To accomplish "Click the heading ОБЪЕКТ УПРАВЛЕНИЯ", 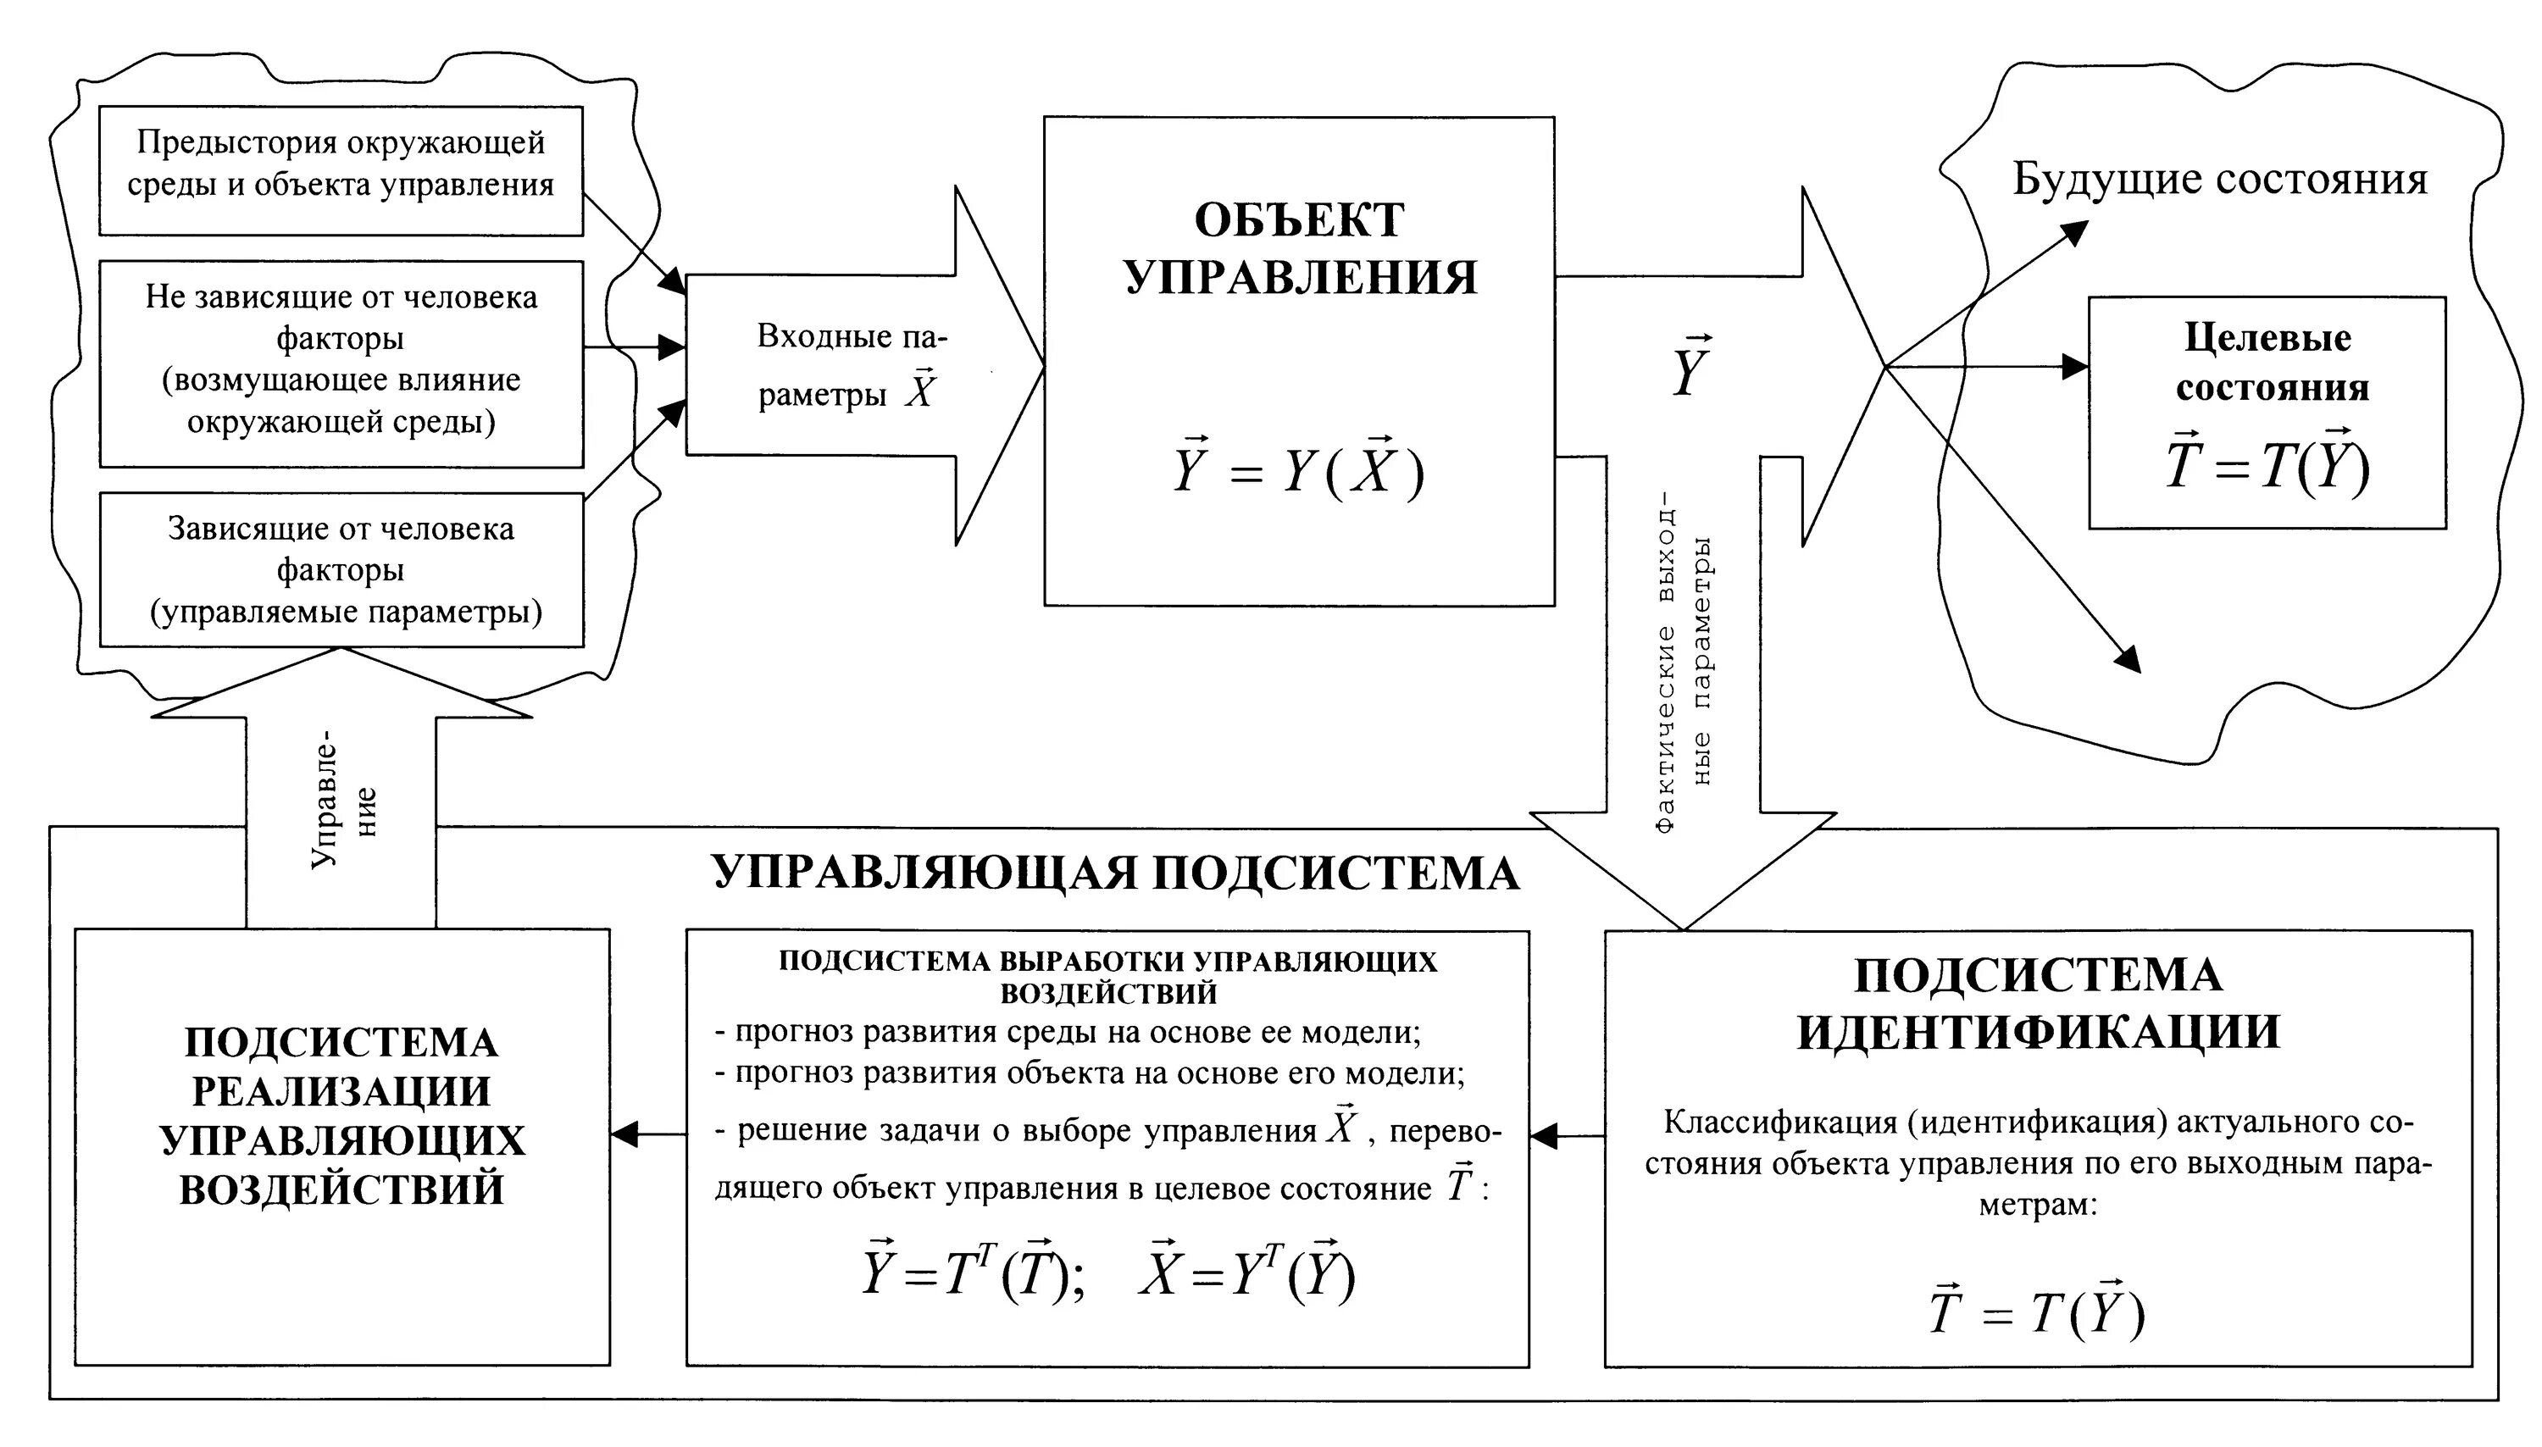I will [1300, 248].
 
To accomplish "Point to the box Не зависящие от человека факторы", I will [341, 363].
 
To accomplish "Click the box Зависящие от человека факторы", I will [341, 569].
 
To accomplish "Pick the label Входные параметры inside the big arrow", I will [850, 366].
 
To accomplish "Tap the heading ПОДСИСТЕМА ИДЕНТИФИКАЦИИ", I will [2038, 1004].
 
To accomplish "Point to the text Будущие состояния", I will [2220, 180].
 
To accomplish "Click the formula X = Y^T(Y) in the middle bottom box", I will [1247, 1273].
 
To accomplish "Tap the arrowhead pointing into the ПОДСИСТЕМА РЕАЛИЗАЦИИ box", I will [624, 1134].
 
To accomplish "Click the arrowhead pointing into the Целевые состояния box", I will [2075, 367].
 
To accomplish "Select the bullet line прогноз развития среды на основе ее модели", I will [1068, 1033].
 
